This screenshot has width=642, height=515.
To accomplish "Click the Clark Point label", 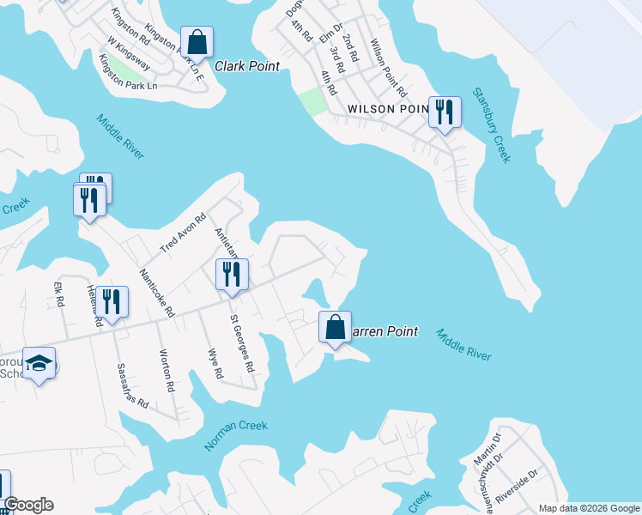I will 247,66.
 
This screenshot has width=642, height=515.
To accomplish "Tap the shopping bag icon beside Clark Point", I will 197,42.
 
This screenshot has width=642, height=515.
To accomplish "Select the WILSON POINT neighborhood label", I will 388,109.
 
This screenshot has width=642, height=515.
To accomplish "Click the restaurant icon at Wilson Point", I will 445,112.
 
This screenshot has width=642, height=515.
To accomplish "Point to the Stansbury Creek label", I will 491,125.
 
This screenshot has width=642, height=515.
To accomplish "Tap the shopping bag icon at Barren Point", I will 335,328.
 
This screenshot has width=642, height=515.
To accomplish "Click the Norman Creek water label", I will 236,436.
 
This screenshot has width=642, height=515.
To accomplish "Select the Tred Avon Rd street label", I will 184,233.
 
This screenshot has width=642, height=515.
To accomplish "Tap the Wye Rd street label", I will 216,362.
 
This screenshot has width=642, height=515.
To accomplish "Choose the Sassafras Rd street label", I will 130,385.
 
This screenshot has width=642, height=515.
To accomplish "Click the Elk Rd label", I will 59,294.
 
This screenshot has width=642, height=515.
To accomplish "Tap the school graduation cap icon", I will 39,364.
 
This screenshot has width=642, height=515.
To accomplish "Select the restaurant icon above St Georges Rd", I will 232,275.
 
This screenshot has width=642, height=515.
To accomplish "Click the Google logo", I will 28,505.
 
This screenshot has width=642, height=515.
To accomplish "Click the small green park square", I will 312,101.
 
